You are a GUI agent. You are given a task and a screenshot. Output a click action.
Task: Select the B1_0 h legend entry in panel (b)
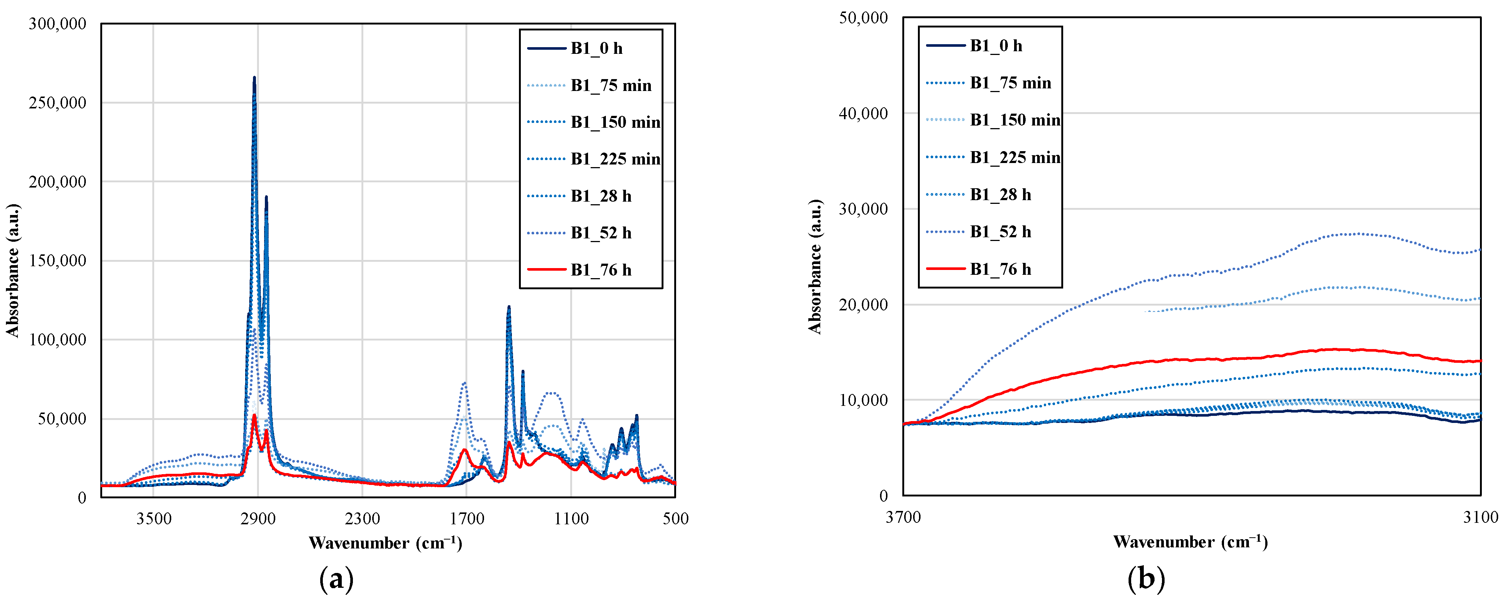996,46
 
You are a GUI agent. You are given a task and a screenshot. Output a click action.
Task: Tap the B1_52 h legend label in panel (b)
1000,232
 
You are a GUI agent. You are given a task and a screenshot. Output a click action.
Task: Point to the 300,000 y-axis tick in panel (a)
57,24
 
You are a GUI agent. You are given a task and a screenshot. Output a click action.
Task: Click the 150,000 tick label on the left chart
57,261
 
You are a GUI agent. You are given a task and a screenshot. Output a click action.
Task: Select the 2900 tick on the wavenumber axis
258,518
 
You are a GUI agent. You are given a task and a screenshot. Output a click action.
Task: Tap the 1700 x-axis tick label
467,518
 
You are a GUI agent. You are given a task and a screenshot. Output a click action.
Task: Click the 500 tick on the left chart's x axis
675,518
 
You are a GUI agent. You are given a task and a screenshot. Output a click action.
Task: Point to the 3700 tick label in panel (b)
903,517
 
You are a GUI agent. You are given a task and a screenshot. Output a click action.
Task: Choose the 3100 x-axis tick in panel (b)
1481,517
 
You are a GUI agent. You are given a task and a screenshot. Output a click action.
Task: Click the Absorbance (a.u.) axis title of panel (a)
13,270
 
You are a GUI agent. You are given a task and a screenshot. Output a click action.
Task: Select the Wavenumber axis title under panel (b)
1190,542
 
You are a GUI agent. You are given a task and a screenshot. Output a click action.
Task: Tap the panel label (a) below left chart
337,579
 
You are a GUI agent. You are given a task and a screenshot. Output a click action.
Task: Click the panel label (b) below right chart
1146,579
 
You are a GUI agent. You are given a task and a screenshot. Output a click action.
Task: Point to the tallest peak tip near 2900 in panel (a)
254,78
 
